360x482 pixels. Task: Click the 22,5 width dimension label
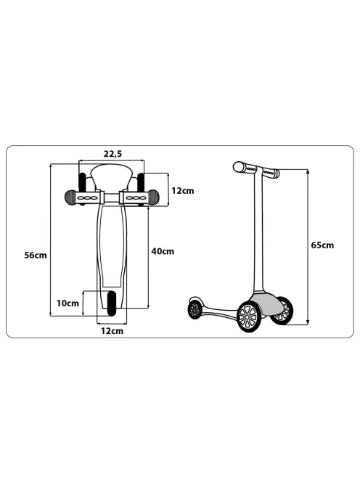click(x=112, y=154)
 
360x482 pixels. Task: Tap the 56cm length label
click(x=36, y=255)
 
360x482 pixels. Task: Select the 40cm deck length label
click(x=163, y=251)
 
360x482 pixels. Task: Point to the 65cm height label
click(x=322, y=245)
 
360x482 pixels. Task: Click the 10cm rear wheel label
click(x=67, y=303)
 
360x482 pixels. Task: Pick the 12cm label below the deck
click(x=112, y=331)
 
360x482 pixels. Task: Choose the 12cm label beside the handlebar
click(x=183, y=191)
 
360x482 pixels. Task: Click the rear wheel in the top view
click(x=111, y=303)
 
